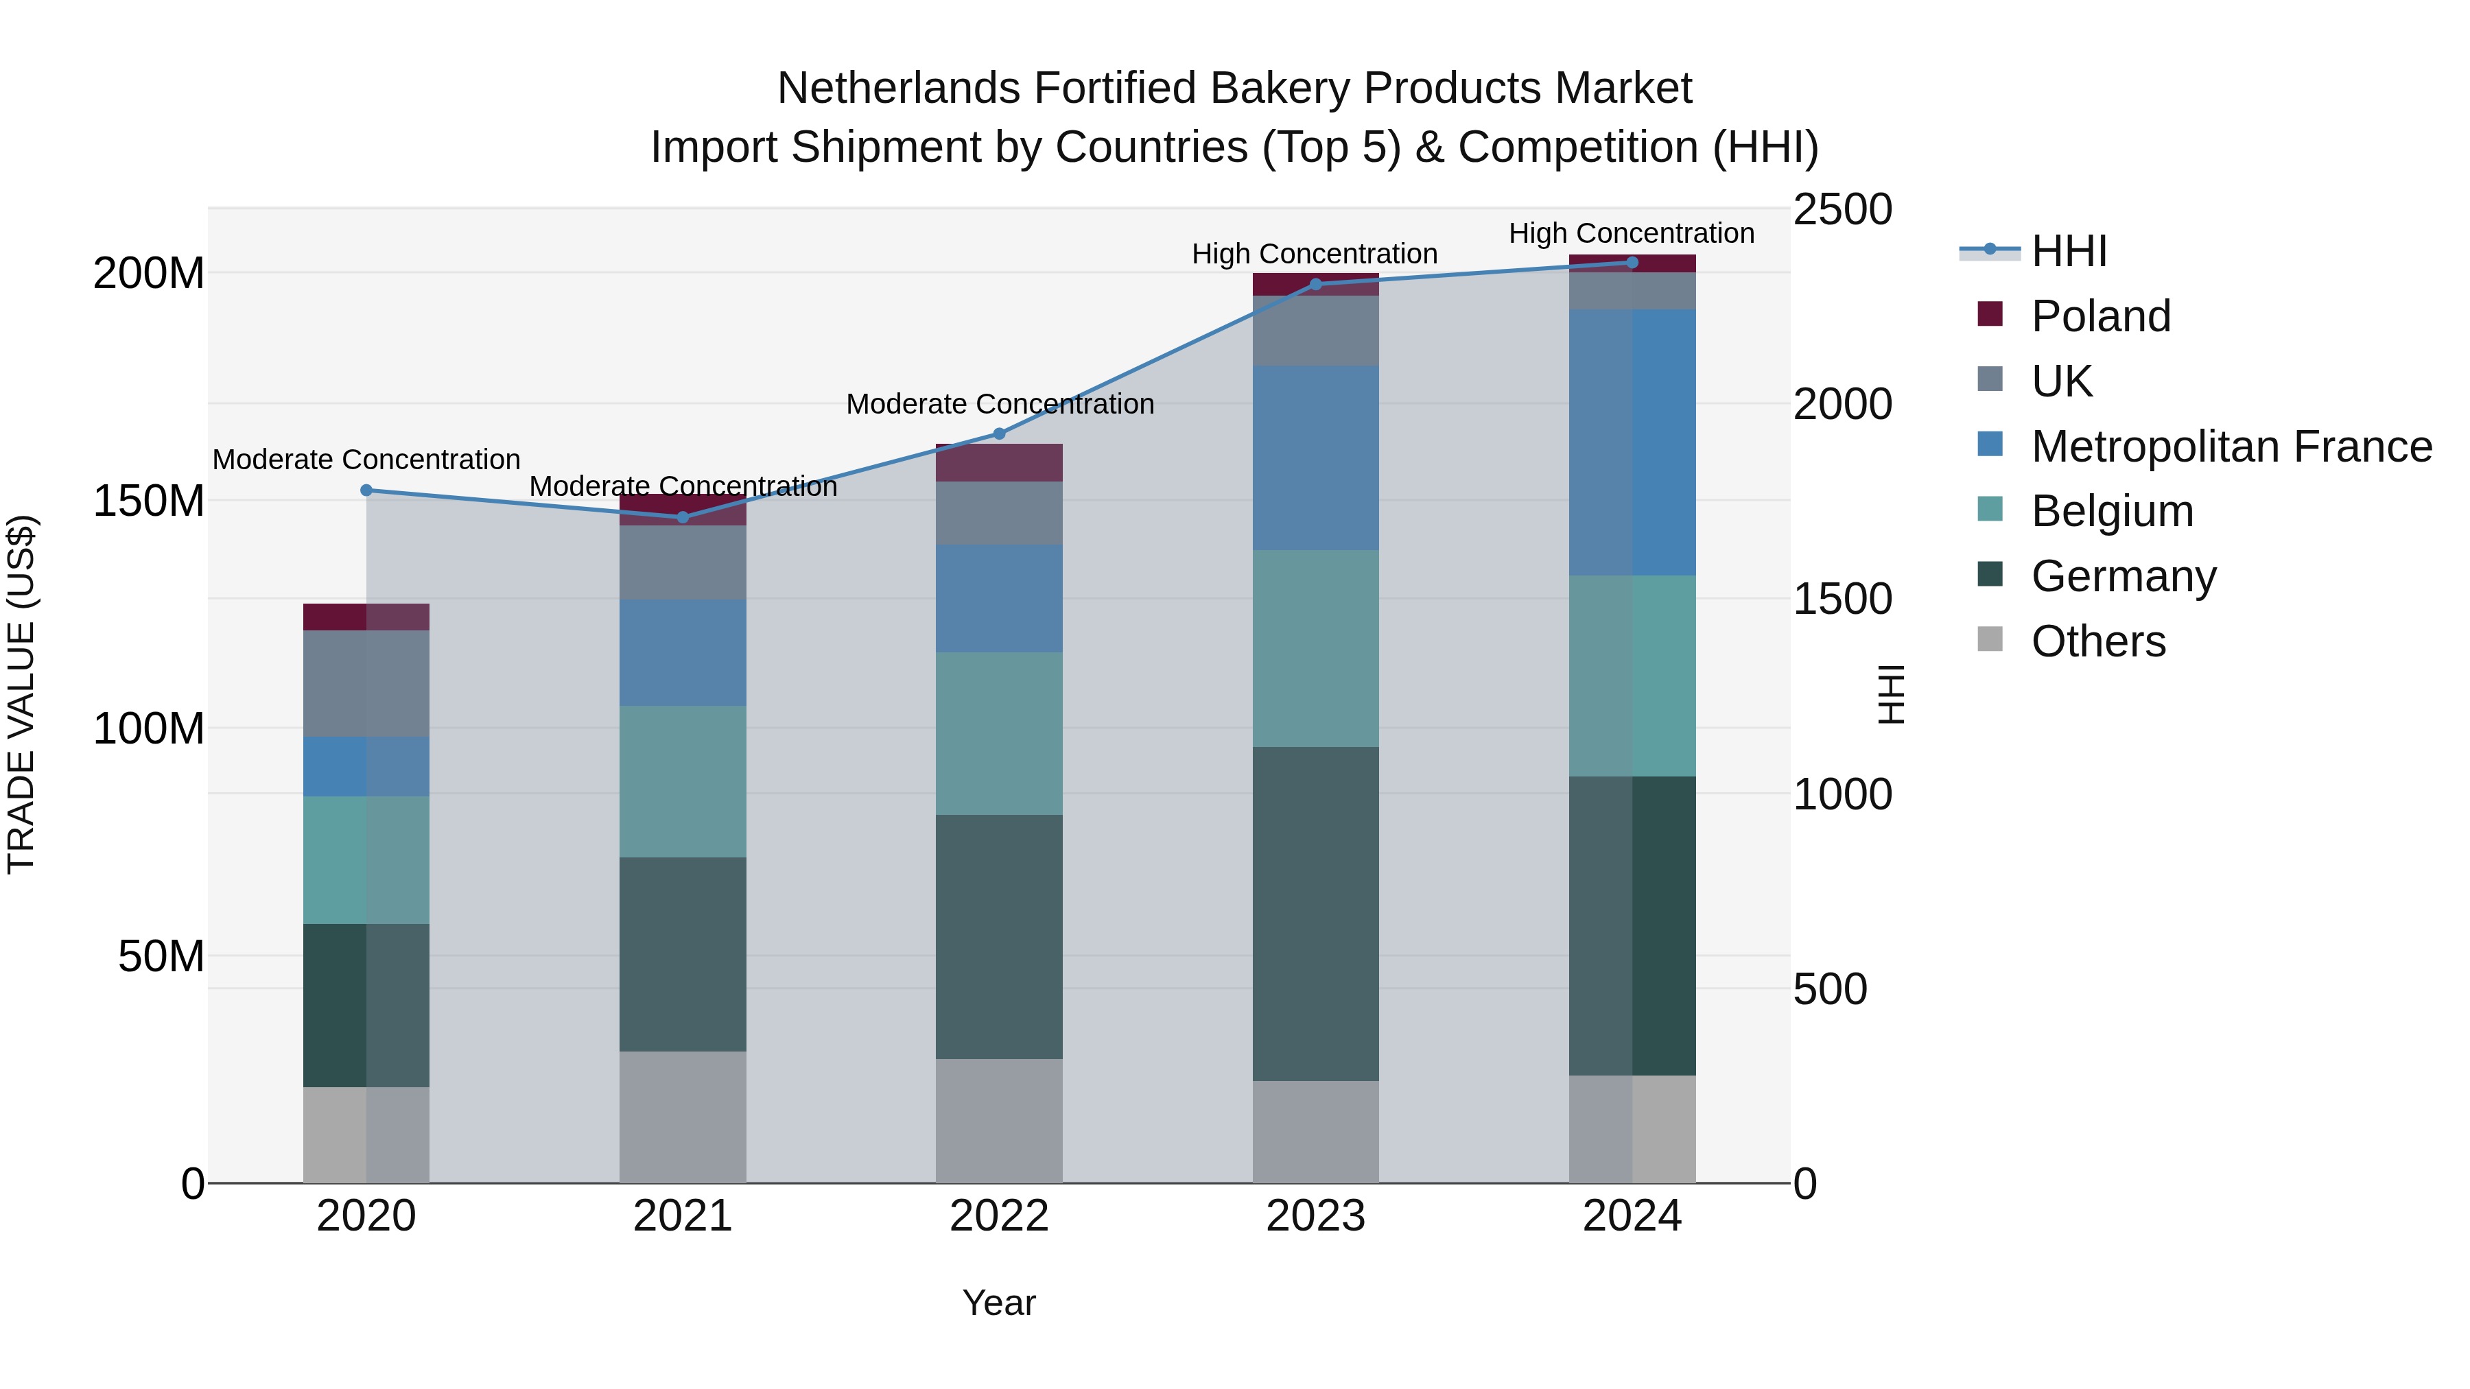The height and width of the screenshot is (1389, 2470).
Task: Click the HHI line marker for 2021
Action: (683, 518)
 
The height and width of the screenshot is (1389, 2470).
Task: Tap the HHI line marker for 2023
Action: (1315, 284)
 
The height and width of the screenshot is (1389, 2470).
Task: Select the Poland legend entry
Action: (2100, 316)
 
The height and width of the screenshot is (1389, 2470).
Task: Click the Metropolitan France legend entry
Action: (2231, 447)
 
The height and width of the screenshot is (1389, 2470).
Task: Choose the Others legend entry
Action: (2098, 641)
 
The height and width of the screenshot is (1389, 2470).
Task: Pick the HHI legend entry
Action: (2068, 251)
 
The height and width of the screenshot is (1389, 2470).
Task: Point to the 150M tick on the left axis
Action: (149, 501)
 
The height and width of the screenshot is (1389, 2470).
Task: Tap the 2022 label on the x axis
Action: (999, 1216)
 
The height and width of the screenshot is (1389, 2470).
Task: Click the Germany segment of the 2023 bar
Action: (1315, 914)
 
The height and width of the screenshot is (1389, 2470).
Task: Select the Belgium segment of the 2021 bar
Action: (683, 781)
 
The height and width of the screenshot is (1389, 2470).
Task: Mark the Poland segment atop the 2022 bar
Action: (999, 463)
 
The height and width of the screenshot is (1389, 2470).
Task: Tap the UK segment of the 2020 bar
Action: (366, 683)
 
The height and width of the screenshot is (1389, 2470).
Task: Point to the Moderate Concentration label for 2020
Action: (366, 460)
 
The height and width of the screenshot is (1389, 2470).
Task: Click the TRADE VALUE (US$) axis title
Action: (21, 694)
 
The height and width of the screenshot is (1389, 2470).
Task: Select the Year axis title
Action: (999, 1303)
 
